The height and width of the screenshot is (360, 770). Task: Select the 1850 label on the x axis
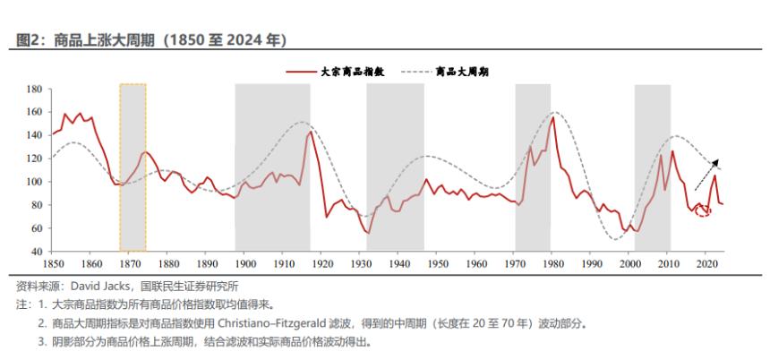(x=54, y=265)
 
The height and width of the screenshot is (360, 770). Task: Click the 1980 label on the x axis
(x=552, y=265)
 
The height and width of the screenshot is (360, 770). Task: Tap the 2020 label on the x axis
(x=706, y=265)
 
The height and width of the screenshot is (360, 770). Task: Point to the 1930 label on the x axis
(x=361, y=265)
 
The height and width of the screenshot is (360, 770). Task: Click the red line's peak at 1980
(x=552, y=117)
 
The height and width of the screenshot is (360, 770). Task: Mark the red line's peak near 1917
(x=311, y=132)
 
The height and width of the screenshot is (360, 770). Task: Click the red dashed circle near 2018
(x=702, y=210)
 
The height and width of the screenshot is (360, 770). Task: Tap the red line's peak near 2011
(x=672, y=151)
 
